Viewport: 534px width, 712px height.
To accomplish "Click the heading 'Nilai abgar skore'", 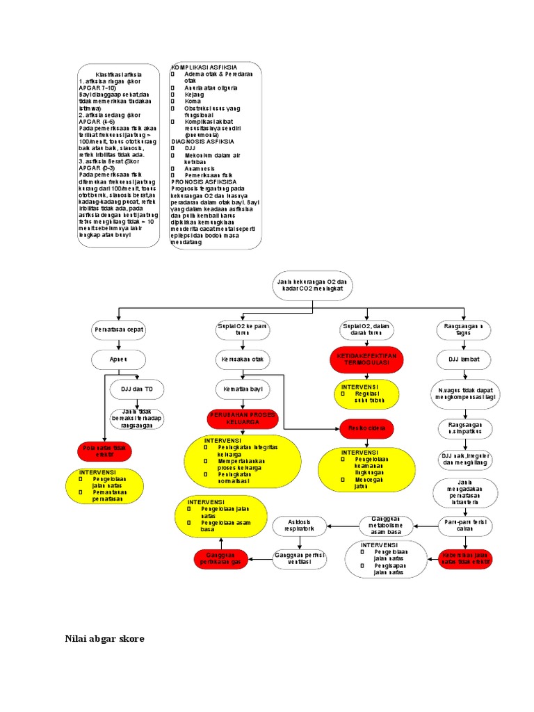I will [104, 638].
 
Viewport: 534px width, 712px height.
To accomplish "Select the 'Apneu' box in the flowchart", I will [118, 359].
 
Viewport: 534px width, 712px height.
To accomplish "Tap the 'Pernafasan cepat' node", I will [118, 330].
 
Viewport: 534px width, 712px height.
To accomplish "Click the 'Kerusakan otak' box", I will [242, 359].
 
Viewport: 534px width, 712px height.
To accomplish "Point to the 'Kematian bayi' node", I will [242, 389].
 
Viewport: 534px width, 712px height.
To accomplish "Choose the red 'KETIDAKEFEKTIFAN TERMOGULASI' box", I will [366, 359].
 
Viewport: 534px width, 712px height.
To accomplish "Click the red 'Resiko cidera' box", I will [366, 429].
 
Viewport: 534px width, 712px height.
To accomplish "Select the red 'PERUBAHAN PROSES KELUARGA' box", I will [242, 418].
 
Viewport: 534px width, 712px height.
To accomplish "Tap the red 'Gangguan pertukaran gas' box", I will [222, 558].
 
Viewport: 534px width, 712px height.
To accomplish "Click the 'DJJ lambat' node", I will [464, 359].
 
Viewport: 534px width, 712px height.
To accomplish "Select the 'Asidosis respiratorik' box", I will [301, 526].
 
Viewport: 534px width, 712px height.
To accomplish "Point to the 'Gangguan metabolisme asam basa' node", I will [385, 526].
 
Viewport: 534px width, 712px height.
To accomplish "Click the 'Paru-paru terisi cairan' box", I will [464, 526].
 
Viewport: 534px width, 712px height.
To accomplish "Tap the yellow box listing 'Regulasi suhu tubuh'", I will [366, 394].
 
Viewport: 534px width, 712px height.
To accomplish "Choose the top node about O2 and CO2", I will [313, 285].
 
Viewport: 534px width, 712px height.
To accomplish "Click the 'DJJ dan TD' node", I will [137, 389].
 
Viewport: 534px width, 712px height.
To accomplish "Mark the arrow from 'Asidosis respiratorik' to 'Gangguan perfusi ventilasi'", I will [301, 542].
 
